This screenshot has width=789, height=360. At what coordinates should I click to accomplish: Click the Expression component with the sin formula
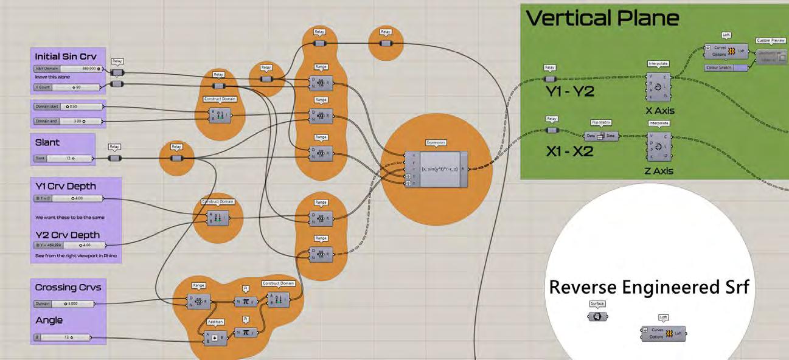(436, 168)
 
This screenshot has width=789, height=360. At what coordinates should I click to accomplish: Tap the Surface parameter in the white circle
(598, 317)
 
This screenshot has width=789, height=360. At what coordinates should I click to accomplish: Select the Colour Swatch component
(726, 67)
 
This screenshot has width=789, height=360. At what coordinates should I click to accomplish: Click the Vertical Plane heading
(602, 18)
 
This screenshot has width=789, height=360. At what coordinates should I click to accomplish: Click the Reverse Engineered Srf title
(649, 287)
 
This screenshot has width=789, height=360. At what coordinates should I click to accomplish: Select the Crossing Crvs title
(68, 287)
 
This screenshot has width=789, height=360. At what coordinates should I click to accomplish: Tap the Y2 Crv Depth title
(67, 235)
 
